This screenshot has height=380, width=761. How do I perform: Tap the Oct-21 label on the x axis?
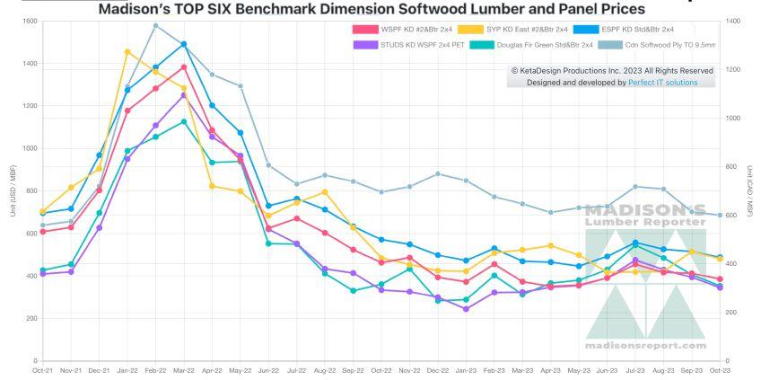(x=41, y=369)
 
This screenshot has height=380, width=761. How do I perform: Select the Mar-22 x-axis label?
(x=184, y=369)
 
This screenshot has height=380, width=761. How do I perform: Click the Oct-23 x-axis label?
(x=718, y=369)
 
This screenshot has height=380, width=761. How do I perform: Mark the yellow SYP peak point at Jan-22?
(x=127, y=51)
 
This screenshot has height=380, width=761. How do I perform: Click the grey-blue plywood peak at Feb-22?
(x=155, y=25)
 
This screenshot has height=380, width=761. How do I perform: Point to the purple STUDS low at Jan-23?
(x=465, y=309)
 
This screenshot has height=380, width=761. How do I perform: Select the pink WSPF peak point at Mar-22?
(x=184, y=66)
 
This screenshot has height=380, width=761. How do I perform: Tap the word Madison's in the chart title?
(x=135, y=9)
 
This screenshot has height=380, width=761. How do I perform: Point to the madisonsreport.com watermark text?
(x=645, y=345)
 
